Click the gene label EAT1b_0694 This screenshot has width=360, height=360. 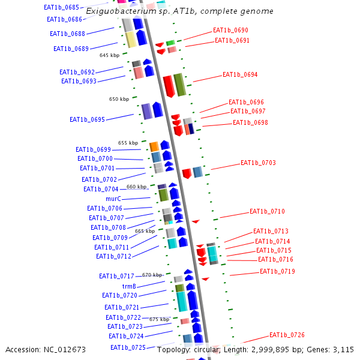pos(240,74)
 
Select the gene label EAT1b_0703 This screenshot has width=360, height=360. pos(258,163)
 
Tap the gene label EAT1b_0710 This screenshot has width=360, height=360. pos(267,211)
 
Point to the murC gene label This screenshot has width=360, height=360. pos(113,199)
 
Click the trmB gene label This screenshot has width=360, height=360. pos(121,286)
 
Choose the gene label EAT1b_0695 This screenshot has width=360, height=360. pos(87,119)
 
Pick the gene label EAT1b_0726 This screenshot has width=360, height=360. pos(287,335)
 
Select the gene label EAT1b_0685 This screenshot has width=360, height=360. pos(61,7)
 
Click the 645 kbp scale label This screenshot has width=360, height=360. pos(109,55)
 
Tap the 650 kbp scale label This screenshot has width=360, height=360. pos(119,99)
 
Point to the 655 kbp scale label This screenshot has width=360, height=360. pos(128,143)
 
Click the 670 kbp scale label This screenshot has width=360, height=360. pos(152,275)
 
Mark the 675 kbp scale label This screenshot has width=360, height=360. pos(159,319)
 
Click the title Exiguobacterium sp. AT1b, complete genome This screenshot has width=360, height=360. pos(179,11)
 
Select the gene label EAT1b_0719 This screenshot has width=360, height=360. pos(277,271)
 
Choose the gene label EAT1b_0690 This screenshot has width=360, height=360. pos(230,30)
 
